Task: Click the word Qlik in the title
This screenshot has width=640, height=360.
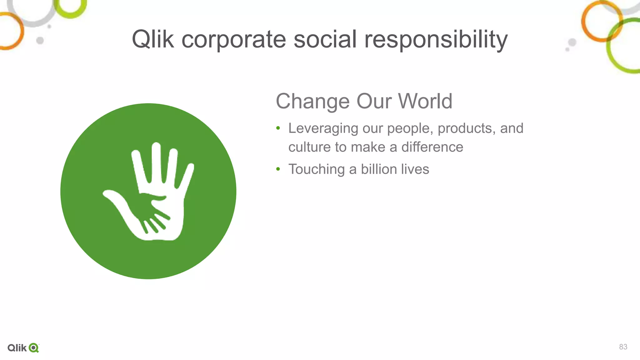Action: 152,39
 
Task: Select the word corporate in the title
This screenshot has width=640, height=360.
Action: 234,40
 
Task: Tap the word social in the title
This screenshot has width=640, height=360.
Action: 325,39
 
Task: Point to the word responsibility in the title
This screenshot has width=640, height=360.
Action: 436,40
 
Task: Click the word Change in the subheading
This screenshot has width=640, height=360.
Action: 312,102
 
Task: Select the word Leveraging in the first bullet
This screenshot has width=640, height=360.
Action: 323,128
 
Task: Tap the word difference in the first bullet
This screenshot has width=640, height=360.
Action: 432,147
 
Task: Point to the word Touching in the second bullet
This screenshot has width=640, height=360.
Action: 317,169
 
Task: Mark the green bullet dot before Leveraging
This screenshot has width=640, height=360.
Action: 278,128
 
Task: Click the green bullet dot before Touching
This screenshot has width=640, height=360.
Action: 278,169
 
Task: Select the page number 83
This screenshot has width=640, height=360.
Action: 623,347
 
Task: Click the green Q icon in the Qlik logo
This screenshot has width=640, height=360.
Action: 33,348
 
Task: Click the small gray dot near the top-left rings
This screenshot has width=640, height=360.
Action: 40,40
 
